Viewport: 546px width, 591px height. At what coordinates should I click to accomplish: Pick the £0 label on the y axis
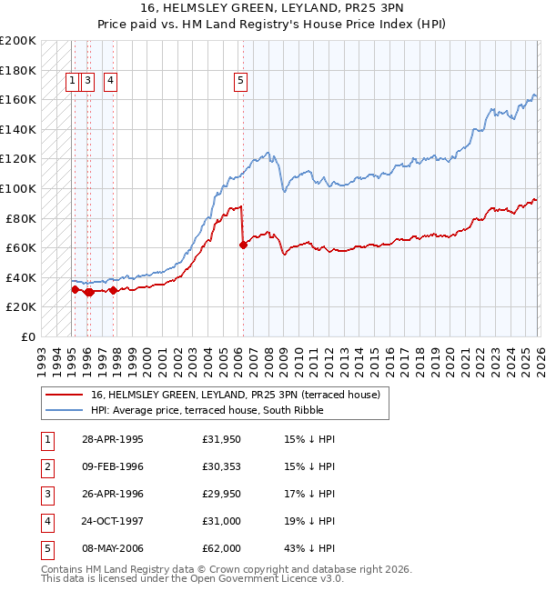point(28,336)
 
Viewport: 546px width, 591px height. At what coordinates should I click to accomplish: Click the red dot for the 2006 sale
point(243,245)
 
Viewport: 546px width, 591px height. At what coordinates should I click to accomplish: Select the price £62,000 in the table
point(222,548)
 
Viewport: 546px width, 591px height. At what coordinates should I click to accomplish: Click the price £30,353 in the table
point(222,466)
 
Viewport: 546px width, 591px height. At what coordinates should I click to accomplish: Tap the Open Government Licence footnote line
point(179,578)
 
